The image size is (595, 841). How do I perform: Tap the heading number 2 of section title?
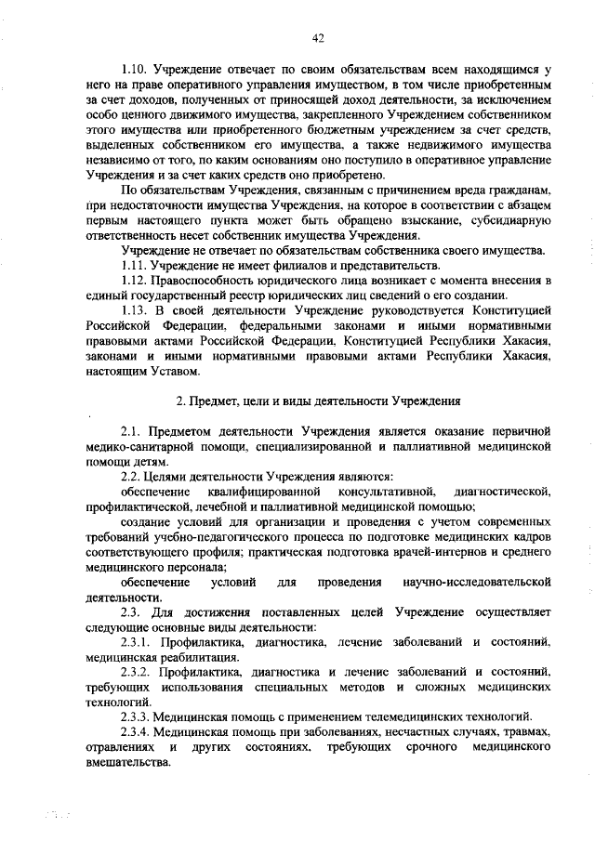(x=179, y=401)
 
